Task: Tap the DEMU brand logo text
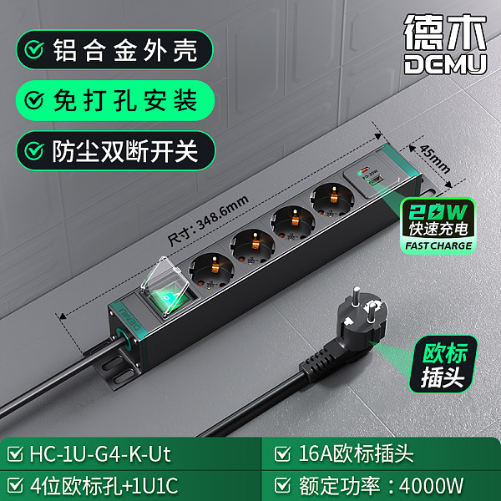[445, 64]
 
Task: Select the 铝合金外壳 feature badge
[114, 50]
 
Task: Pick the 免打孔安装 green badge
[115, 100]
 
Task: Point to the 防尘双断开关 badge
[116, 151]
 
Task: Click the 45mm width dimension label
[435, 159]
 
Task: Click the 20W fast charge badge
[438, 225]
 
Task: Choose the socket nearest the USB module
[332, 198]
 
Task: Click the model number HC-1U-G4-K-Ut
[100, 454]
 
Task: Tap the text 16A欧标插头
[356, 453]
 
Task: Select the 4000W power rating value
[431, 486]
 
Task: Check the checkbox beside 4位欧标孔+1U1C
[15, 485]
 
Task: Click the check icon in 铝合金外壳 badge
[34, 50]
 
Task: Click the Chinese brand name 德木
[445, 32]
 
